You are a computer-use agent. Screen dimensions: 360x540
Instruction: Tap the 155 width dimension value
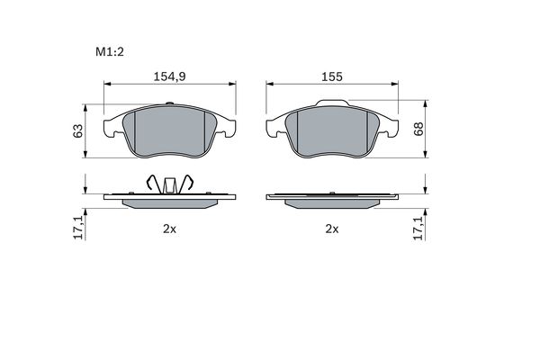click(x=332, y=76)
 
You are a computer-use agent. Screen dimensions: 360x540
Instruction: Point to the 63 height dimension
click(x=78, y=130)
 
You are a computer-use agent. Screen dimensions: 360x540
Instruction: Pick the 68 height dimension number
click(x=418, y=129)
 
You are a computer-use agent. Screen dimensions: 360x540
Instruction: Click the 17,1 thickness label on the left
click(x=78, y=227)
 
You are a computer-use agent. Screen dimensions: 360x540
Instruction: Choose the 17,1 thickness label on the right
click(x=417, y=227)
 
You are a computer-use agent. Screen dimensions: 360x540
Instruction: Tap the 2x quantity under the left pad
click(x=168, y=229)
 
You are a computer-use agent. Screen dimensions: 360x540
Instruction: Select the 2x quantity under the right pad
click(x=331, y=229)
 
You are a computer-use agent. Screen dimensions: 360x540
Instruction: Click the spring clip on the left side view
click(x=169, y=184)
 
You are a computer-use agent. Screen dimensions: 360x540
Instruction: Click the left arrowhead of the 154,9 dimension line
click(x=109, y=85)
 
